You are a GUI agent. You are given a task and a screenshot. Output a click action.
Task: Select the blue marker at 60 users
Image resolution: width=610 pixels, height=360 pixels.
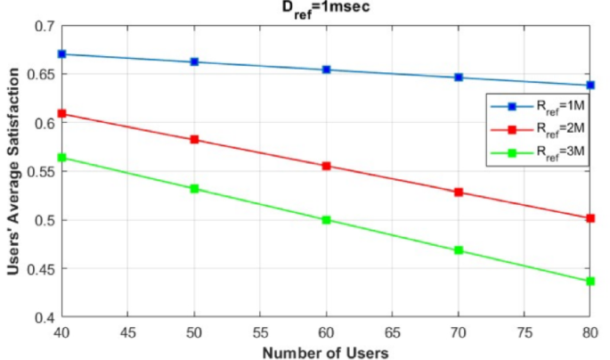click(327, 70)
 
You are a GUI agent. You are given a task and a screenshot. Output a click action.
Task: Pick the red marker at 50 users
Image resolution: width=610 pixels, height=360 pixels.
click(194, 139)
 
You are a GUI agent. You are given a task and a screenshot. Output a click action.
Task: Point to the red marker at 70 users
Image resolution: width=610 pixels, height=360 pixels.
click(460, 192)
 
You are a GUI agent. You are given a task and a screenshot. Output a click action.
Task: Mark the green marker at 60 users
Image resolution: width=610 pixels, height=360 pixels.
click(327, 219)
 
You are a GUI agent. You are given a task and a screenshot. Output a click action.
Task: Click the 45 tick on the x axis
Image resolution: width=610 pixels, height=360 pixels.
click(128, 332)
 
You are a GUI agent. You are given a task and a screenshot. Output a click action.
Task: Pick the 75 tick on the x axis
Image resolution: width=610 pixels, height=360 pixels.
click(525, 332)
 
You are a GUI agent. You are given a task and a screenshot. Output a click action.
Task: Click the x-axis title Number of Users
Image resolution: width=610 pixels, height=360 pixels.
click(326, 351)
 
